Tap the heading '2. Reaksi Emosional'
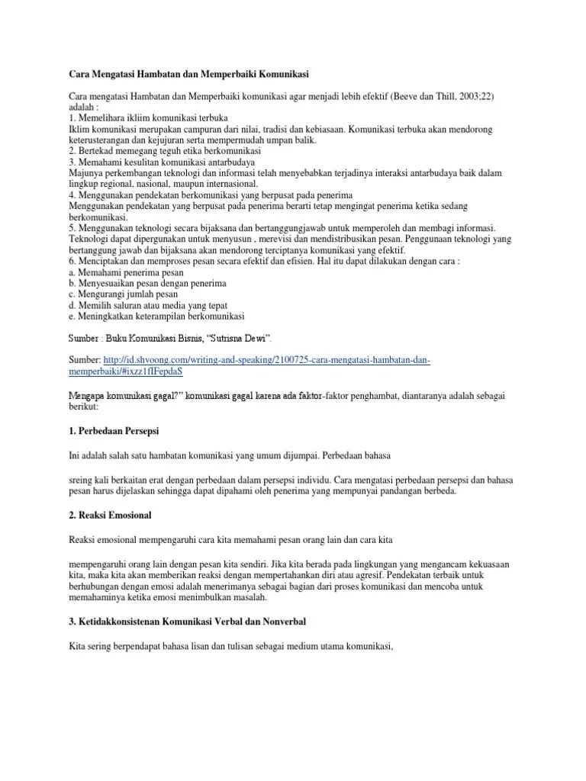(x=110, y=516)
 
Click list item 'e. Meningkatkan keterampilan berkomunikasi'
(x=156, y=316)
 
